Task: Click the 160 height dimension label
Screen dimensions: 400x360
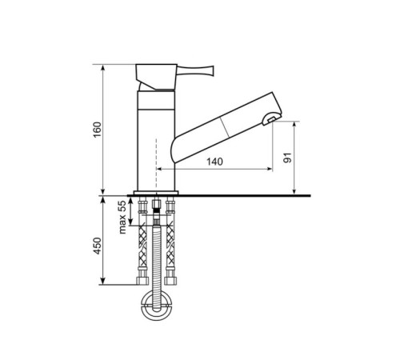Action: pyautogui.click(x=98, y=130)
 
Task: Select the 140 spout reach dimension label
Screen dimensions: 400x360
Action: pyautogui.click(x=214, y=162)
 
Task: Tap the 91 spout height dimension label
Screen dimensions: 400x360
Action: pyautogui.click(x=288, y=158)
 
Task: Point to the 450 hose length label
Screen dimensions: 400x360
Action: pyautogui.click(x=98, y=246)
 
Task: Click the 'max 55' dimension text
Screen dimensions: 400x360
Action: pyautogui.click(x=122, y=217)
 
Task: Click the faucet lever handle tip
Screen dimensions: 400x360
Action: pyautogui.click(x=213, y=70)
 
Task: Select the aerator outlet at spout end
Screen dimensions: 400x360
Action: pyautogui.click(x=271, y=119)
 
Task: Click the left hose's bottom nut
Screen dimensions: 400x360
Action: pyautogui.click(x=142, y=281)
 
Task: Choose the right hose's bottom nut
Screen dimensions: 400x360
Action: pyautogui.click(x=170, y=281)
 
